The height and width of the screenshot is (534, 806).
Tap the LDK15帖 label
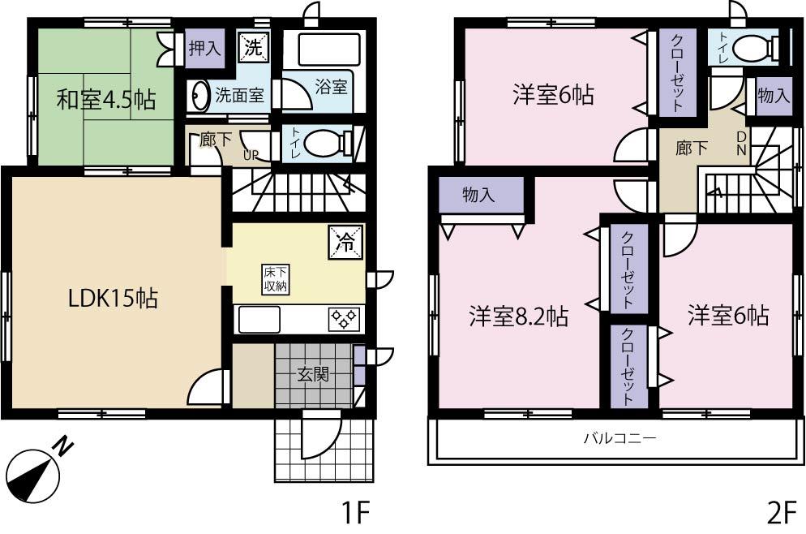[x=113, y=298]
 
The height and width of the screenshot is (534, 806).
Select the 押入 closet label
[x=204, y=47]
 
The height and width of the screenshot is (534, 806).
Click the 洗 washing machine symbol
[x=253, y=47]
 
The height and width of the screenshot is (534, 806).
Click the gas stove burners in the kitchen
[x=345, y=319]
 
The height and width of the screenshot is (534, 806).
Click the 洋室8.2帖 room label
[x=518, y=315]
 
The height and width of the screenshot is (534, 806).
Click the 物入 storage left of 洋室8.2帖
[x=481, y=195]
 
